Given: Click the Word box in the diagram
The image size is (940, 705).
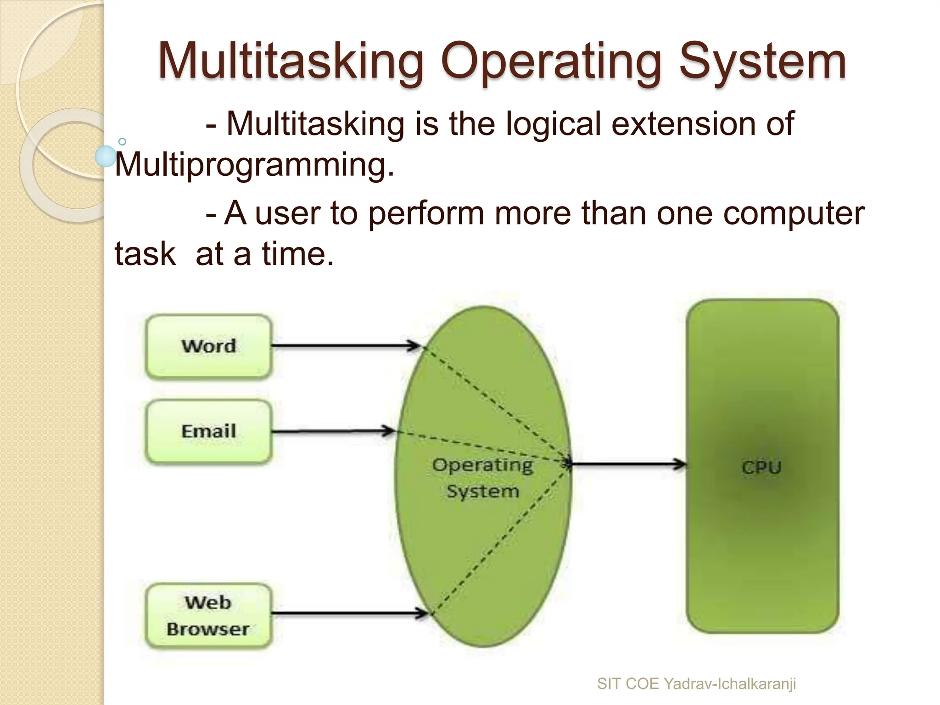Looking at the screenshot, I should coord(209,346).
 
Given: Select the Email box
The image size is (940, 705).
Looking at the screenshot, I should coord(209,431).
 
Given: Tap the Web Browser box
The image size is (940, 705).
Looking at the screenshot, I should coord(209,615).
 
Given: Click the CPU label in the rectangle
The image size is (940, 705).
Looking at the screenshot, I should coord(761,468).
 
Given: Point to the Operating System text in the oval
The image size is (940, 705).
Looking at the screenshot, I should coord(483,478).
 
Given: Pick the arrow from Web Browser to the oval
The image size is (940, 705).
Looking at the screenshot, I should coord(349,613).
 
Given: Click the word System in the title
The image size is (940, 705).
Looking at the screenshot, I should coord(762,62).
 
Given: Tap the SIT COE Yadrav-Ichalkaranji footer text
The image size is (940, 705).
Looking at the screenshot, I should coord(696,684).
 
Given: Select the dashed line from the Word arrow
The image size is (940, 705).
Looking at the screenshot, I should coord(496,404).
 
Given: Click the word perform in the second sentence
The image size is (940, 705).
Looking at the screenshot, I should coord(426,213).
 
